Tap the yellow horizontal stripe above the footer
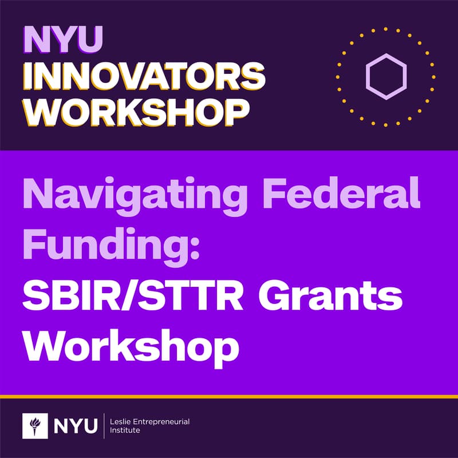[229, 396]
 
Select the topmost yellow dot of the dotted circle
[386, 28]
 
